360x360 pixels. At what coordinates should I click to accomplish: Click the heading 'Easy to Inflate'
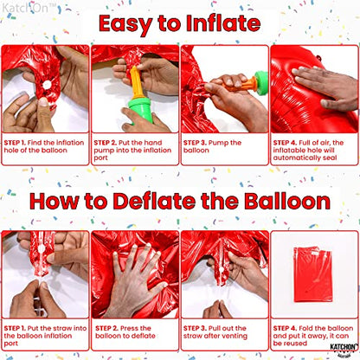pos(179,22)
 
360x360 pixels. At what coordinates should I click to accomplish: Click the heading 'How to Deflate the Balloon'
pos(179,202)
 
